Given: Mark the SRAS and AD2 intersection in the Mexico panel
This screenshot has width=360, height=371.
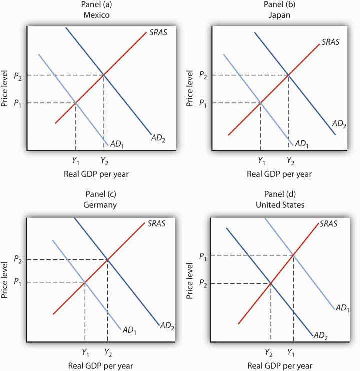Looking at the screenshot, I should [104, 75].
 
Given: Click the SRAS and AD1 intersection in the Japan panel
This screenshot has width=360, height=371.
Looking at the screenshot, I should [260, 103].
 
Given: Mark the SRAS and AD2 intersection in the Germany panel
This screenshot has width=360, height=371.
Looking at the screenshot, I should [107, 259].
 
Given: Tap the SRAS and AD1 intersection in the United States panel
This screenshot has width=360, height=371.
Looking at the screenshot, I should [293, 255].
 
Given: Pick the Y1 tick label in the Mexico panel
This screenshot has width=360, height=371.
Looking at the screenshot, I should [75, 161].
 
